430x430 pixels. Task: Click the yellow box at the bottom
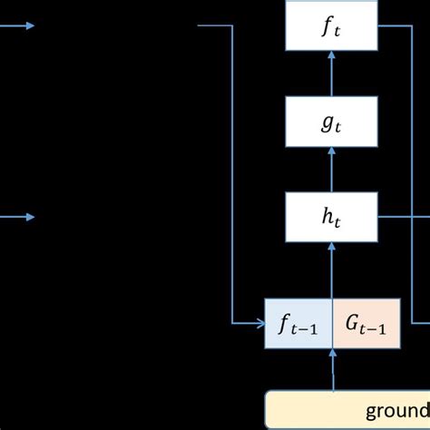(348, 409)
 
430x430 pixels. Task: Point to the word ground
(398, 409)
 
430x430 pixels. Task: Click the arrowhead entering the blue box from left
(259, 321)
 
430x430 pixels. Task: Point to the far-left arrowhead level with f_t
(31, 26)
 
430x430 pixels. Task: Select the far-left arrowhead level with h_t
(31, 217)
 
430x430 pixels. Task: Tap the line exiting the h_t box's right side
(399, 217)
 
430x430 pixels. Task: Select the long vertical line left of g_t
(232, 172)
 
